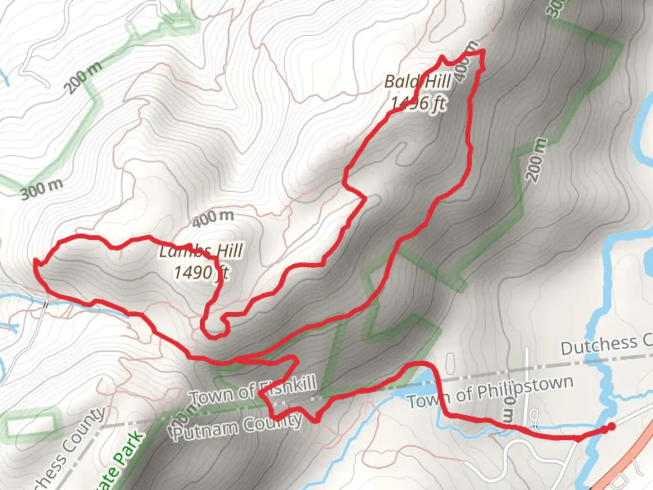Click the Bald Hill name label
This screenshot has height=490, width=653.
417,82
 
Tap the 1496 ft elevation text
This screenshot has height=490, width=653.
418,104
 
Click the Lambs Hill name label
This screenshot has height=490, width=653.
201,251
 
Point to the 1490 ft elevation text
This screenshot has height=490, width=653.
201,272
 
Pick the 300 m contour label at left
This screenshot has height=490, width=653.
42,189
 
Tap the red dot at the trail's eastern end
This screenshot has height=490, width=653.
611,426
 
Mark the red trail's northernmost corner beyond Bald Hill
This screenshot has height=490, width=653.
482,51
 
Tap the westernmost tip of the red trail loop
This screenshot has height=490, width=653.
35,261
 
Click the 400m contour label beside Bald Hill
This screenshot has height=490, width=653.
466,62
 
